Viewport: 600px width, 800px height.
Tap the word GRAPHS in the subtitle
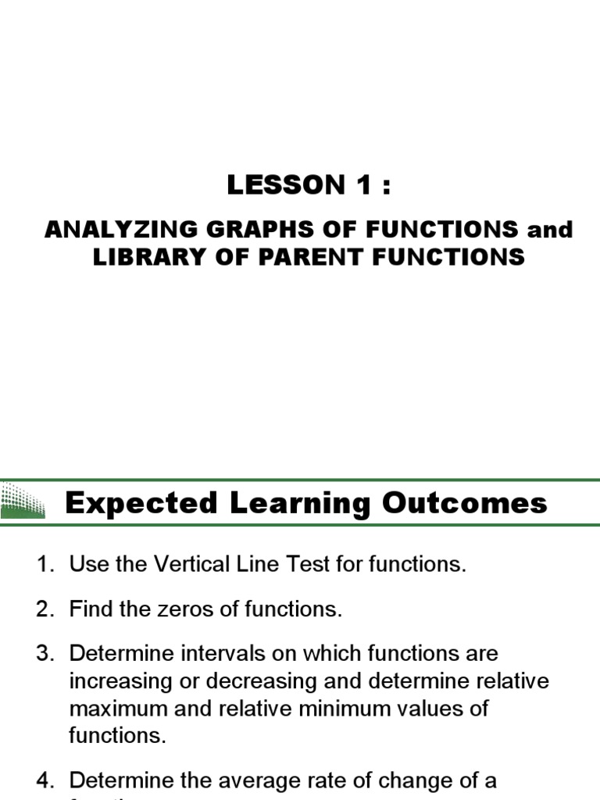click(237, 230)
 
